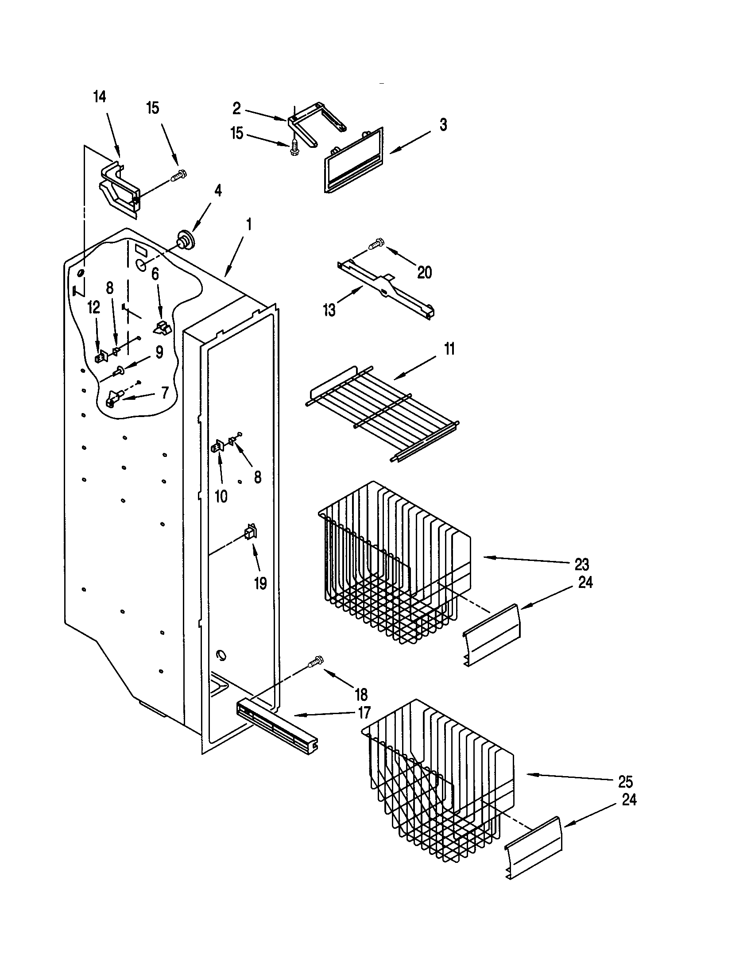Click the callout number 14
point(100,97)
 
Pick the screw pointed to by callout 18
point(316,662)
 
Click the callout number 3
point(443,125)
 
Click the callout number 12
point(93,307)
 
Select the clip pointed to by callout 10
point(217,446)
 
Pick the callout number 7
point(165,392)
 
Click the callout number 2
point(236,108)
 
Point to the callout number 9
point(159,352)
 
